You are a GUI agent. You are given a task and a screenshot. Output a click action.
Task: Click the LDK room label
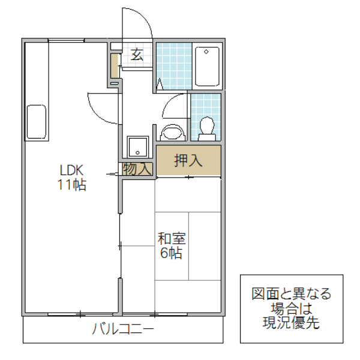[x=70, y=170]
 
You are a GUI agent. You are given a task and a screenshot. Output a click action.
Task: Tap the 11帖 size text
[x=71, y=185]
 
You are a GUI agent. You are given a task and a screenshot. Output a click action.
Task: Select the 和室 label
[x=172, y=238]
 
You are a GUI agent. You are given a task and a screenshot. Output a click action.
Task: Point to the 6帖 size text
[x=172, y=253]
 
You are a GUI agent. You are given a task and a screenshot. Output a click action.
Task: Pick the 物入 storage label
[x=137, y=169]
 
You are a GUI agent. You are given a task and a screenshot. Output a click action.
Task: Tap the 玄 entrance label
[x=137, y=55]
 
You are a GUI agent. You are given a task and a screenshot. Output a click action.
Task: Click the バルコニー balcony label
[x=123, y=329]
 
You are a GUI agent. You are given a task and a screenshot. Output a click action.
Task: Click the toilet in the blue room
[x=207, y=127]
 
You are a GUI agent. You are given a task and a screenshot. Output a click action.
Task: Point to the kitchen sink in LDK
[x=36, y=121]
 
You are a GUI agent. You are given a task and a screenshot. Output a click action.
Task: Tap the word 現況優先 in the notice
[x=291, y=323]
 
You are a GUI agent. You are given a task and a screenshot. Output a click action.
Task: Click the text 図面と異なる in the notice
[x=291, y=294]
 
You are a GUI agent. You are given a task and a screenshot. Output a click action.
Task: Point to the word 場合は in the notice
[x=291, y=309]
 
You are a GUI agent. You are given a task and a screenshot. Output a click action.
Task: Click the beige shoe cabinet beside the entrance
[x=114, y=67]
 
